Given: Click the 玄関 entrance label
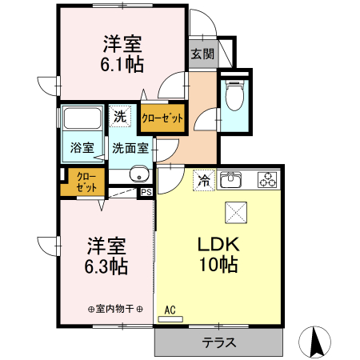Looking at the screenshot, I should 202,54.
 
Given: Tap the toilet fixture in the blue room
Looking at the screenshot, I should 235,97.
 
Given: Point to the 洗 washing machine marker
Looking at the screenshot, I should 120,116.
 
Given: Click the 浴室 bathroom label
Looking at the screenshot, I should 82,148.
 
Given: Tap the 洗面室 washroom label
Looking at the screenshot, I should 130,148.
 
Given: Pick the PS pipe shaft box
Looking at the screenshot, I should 146,192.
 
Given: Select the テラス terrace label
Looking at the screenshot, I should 218,343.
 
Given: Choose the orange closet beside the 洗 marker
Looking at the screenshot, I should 162,118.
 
